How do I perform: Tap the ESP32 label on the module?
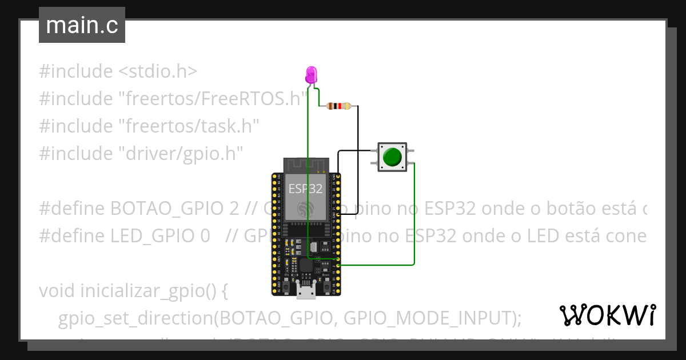pyautogui.click(x=305, y=189)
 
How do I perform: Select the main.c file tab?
pyautogui.click(x=82, y=25)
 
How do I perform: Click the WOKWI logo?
pyautogui.click(x=607, y=315)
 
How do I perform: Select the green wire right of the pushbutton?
pyautogui.click(x=414, y=217)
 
